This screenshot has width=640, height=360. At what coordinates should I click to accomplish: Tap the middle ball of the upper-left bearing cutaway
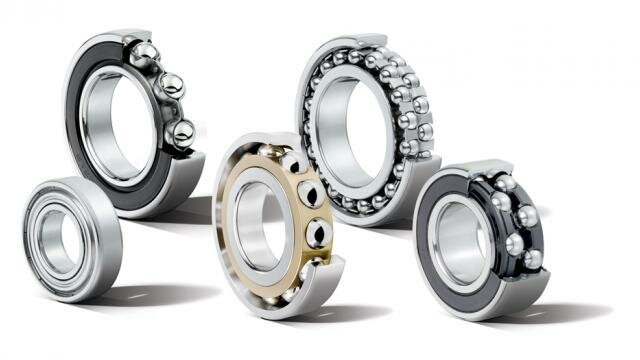(171, 86)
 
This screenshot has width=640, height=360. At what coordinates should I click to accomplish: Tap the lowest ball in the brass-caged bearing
(318, 231)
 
